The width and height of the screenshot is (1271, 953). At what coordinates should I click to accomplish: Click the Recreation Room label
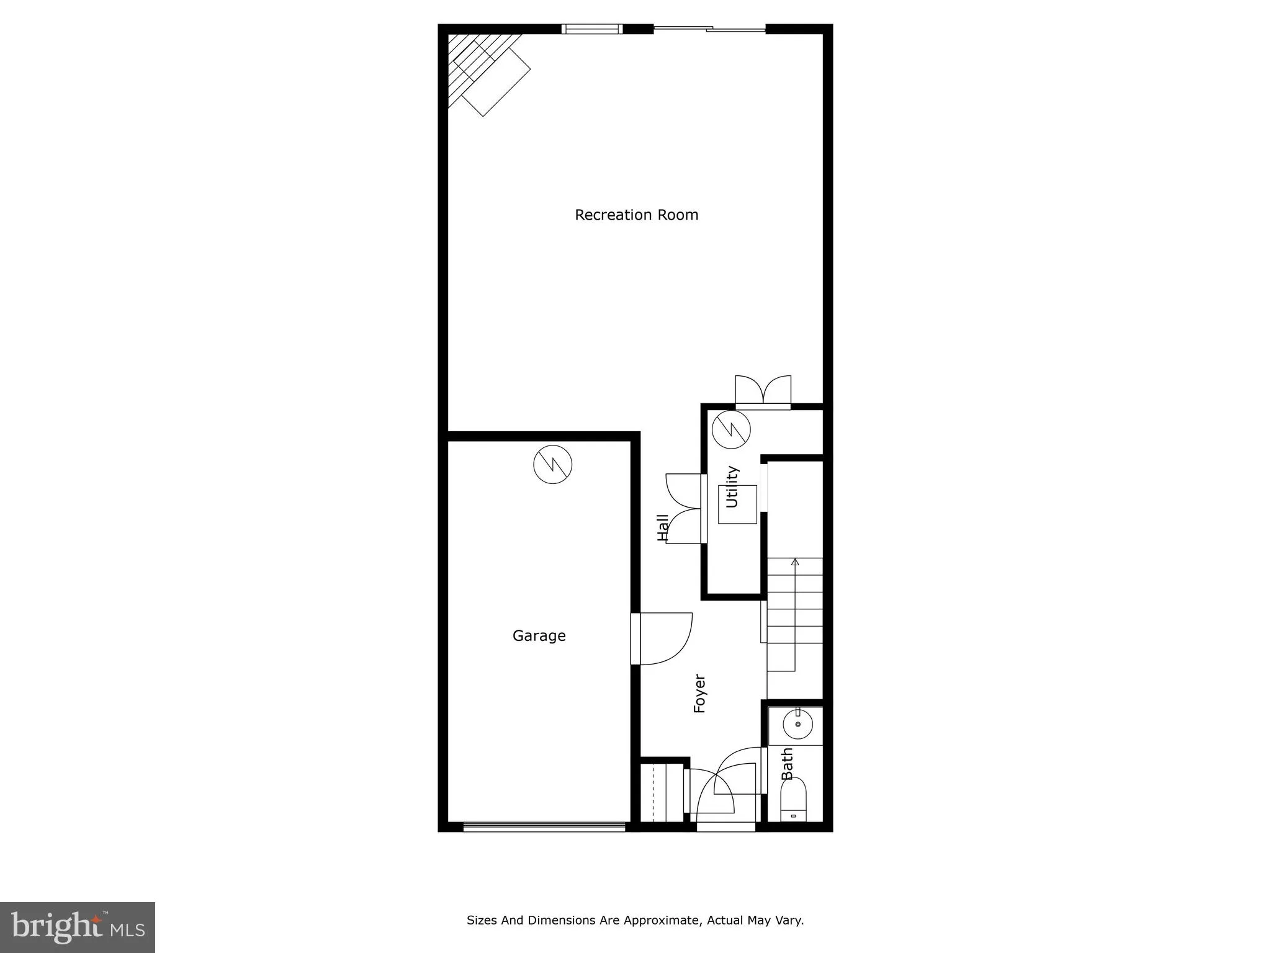coord(636,215)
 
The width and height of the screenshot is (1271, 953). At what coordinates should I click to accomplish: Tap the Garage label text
coord(539,635)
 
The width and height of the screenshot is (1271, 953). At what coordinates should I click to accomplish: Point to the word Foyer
coord(699,694)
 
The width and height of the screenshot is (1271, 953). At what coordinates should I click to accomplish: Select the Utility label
coord(732,487)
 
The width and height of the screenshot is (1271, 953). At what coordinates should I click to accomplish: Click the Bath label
coord(787,764)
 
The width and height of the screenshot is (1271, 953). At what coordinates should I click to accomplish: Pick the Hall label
coord(663,527)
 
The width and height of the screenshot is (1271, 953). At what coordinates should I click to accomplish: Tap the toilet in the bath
coord(793,800)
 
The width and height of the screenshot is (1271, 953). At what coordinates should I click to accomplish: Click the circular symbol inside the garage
coord(552,464)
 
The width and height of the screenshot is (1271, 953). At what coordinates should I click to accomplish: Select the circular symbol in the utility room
coord(731,429)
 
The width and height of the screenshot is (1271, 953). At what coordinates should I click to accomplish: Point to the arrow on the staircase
coord(795,562)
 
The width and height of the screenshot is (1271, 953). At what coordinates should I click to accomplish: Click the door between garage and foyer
coord(662,638)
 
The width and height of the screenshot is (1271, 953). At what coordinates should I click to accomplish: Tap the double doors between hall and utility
coord(684,509)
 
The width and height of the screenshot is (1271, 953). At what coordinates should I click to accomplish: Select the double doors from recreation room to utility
coord(763,391)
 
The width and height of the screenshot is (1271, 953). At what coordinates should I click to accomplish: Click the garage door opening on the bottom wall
coord(544,826)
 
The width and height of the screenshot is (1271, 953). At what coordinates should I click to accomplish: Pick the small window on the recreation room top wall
coord(592,29)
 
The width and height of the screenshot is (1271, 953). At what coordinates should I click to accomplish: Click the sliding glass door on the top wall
coord(709,29)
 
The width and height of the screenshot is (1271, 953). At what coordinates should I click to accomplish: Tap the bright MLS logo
coord(78,926)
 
